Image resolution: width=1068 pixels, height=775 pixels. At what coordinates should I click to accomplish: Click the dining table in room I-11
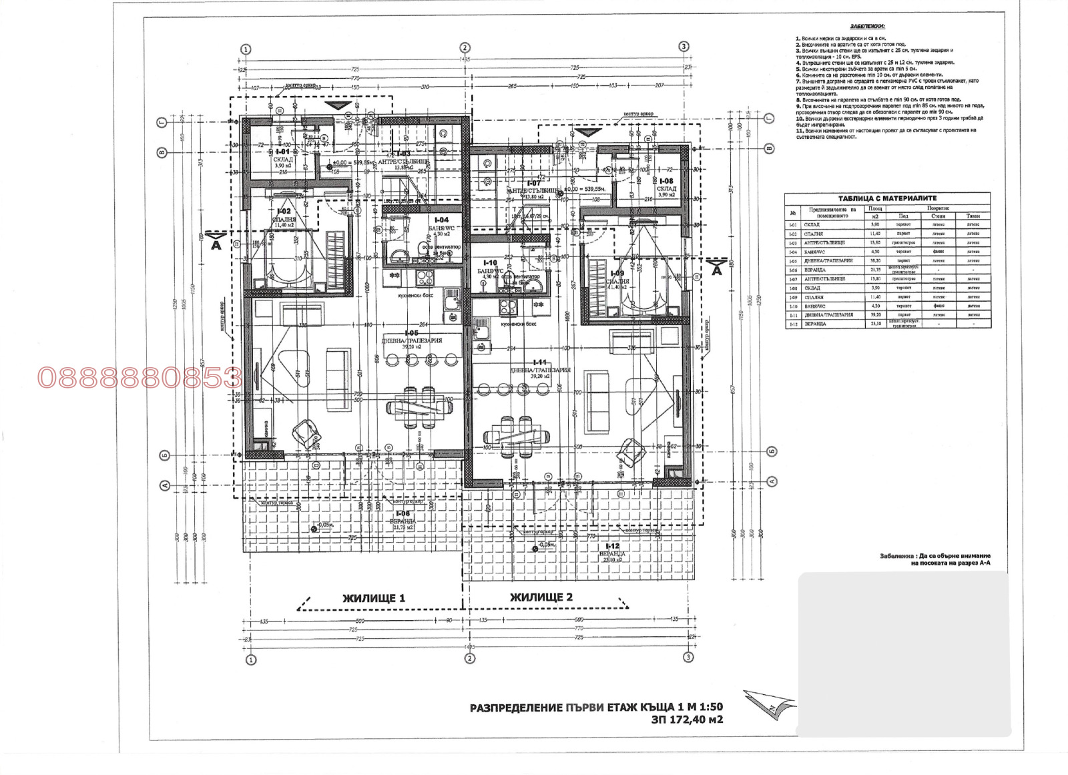click(x=517, y=437)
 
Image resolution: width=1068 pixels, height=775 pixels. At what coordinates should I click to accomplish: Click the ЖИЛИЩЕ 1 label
click(x=374, y=598)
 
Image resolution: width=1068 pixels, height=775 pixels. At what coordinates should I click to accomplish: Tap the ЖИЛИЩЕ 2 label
click(x=541, y=597)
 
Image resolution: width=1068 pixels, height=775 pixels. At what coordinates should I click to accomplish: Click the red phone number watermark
click(x=139, y=378)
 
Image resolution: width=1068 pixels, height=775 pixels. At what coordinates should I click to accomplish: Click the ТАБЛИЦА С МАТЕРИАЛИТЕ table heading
click(x=887, y=198)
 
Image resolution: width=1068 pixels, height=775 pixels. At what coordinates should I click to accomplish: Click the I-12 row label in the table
click(x=793, y=324)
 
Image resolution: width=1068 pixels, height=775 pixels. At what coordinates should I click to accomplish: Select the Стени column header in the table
click(x=938, y=216)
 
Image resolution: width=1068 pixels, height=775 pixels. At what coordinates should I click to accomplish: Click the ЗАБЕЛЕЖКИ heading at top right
click(x=867, y=27)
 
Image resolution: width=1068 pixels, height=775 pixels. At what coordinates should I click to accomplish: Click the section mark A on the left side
click(x=216, y=244)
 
